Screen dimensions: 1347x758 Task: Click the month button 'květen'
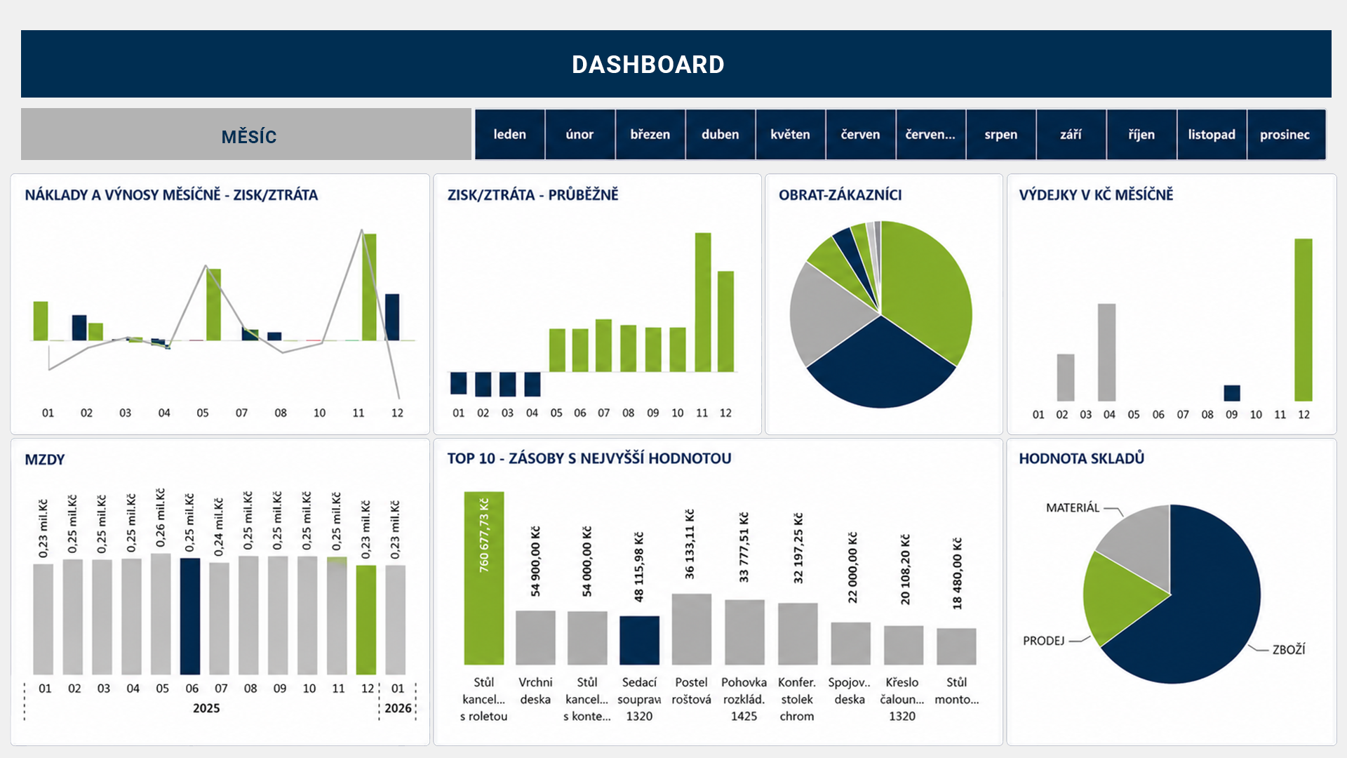790,134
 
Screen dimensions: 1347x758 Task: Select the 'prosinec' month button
1285,134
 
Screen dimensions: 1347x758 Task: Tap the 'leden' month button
509,134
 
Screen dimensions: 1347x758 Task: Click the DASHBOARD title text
648,65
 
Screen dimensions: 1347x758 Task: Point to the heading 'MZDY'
45,460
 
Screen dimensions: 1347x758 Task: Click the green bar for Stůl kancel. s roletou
483,578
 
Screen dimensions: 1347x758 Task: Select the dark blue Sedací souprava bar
639,640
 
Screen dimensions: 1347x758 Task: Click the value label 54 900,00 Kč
536,561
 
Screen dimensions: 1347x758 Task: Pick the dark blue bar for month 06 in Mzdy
190,616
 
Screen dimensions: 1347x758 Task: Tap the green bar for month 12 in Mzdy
366,620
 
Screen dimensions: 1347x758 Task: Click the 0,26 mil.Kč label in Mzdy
161,518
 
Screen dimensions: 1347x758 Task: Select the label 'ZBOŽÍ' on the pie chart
1289,650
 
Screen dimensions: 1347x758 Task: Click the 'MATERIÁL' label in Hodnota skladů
1073,507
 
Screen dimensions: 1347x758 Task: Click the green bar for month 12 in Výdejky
1304,319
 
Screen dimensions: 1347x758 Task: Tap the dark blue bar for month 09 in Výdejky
1232,393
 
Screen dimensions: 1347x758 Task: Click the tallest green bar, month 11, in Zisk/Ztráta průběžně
703,302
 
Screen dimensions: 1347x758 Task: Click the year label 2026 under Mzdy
398,708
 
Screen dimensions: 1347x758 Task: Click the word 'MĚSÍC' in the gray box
249,136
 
